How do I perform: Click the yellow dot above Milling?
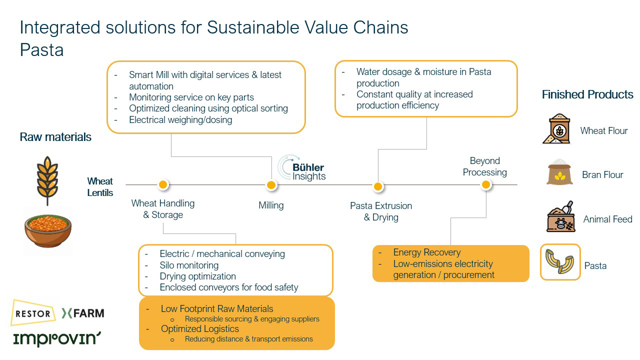(x=271, y=185)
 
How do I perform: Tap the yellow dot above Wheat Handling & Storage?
(x=162, y=185)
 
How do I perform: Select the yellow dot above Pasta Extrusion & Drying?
(x=378, y=186)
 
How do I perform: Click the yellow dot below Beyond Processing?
(x=485, y=185)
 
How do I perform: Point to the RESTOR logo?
(x=33, y=313)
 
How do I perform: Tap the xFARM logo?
(x=83, y=313)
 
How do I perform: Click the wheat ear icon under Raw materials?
(x=47, y=180)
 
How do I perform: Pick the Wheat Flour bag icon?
(x=556, y=129)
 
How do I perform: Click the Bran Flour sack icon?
(x=559, y=173)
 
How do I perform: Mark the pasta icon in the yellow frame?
(x=560, y=262)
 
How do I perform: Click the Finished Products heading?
(x=587, y=94)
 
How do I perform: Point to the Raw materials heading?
(x=55, y=137)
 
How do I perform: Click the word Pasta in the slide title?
(x=41, y=50)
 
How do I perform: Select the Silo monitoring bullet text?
(x=189, y=265)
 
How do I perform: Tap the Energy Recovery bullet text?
(x=426, y=252)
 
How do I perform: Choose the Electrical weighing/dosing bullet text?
(x=180, y=119)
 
